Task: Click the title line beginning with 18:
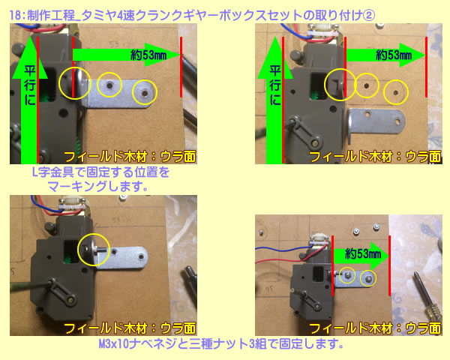(x=192, y=15)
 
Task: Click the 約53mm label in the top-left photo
(x=148, y=55)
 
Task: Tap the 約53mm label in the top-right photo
(x=394, y=55)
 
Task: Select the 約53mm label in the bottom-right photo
(x=363, y=253)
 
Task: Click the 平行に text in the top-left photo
(x=30, y=85)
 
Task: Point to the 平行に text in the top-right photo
(x=275, y=85)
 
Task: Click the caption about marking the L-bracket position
(x=100, y=179)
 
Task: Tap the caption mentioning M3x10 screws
(x=221, y=343)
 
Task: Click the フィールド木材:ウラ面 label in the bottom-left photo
(x=130, y=328)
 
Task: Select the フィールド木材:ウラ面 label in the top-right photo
(x=375, y=157)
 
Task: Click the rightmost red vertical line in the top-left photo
(x=181, y=67)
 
